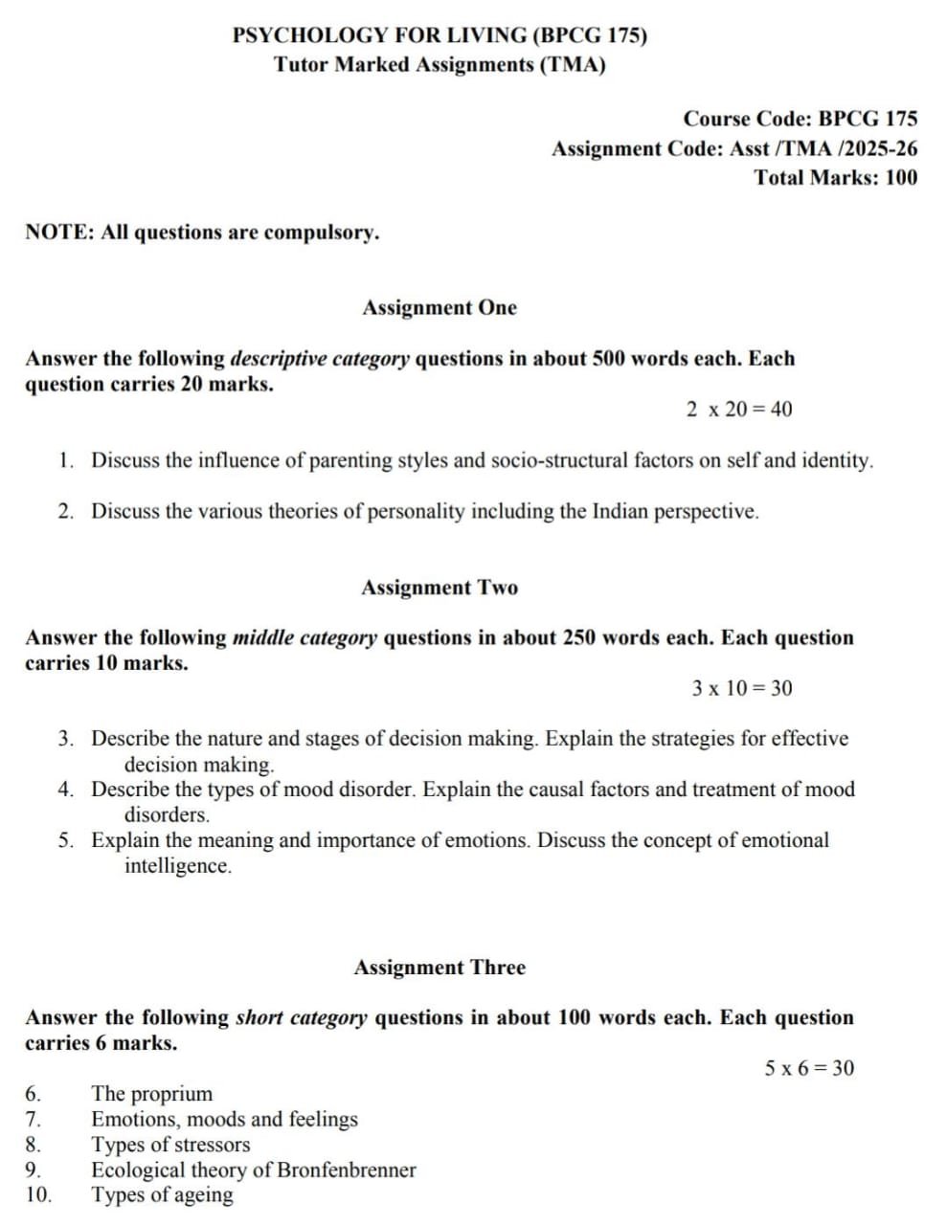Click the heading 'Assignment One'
point(439,308)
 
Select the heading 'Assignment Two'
point(439,588)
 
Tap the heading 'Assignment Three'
point(439,968)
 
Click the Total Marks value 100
point(901,178)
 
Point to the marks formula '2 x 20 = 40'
point(738,410)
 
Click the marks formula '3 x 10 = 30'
point(741,689)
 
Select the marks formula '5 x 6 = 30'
point(809,1069)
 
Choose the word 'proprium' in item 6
point(171,1094)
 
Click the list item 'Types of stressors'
point(169,1145)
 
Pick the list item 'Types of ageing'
point(162,1195)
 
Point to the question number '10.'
point(38,1195)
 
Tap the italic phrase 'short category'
point(301,1018)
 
